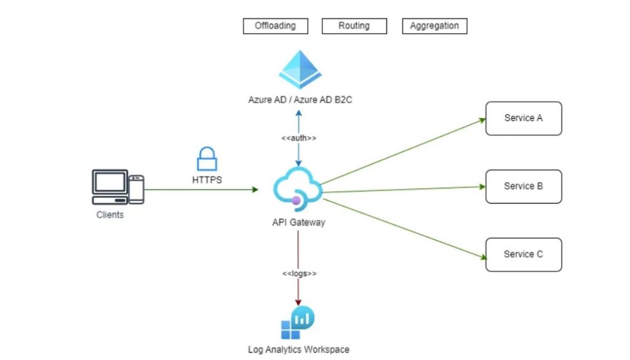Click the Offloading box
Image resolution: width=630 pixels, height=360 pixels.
tap(275, 26)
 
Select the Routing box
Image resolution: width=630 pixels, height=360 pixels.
tap(354, 26)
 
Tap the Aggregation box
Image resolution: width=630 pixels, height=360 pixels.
tap(434, 26)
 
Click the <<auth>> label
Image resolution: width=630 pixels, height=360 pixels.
tap(299, 138)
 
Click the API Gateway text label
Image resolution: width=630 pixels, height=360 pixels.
tap(298, 222)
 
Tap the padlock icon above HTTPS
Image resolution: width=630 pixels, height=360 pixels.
tap(207, 158)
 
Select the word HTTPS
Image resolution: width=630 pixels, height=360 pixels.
tap(207, 179)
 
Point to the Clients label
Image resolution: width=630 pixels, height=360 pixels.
tap(110, 215)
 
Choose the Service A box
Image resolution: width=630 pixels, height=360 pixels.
tap(524, 118)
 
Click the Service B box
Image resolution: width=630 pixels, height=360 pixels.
tap(524, 186)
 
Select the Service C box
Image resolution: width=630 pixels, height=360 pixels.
tap(524, 254)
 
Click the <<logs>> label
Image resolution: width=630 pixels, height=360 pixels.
tap(299, 273)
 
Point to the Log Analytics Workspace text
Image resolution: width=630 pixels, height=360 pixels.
tap(298, 350)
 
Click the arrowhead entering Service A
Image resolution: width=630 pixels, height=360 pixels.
tap(482, 121)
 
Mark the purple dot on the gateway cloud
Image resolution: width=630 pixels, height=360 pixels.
tap(297, 200)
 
